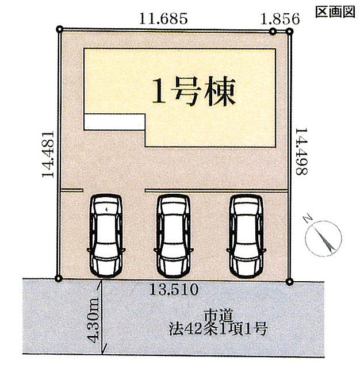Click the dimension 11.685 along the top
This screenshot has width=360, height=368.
point(163,18)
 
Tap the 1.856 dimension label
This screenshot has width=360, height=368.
point(280,19)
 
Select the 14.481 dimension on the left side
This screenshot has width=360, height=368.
point(48,154)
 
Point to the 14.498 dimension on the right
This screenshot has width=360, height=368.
point(301,151)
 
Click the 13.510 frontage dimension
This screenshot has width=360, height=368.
point(174,289)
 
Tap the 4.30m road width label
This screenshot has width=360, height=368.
point(93,320)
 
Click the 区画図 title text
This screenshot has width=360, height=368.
point(335,11)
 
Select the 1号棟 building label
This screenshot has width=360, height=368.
point(194,91)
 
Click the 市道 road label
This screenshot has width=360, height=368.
point(219,315)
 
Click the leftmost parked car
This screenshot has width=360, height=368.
point(106,235)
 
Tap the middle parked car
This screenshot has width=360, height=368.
point(174,235)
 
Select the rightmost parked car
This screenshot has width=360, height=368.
point(246,235)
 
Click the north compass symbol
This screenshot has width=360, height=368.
point(323,238)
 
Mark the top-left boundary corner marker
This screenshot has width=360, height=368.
point(60,29)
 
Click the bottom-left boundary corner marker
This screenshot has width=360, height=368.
point(59,278)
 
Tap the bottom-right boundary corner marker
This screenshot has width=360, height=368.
point(290,281)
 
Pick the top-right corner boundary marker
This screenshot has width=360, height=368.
point(290,31)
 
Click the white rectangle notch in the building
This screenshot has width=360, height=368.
point(114,122)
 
